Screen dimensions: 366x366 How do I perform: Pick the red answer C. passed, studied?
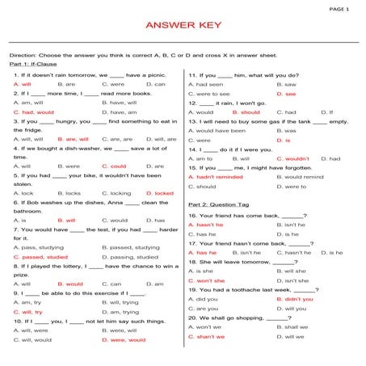(40, 256)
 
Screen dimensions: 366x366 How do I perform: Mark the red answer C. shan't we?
(211, 336)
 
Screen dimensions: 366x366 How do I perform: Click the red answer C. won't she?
(211, 280)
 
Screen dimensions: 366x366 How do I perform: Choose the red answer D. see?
(287, 94)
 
